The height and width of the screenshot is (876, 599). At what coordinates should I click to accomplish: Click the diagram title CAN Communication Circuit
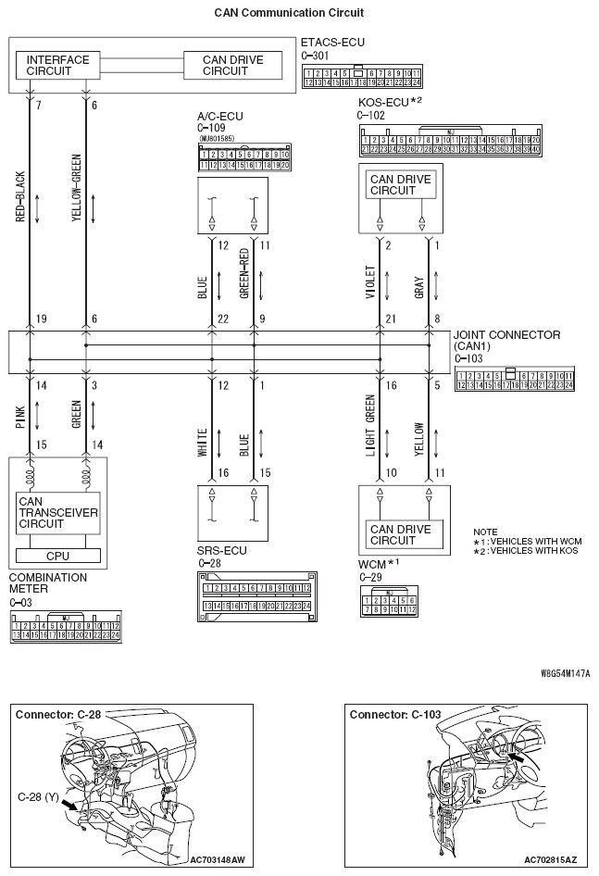point(288,13)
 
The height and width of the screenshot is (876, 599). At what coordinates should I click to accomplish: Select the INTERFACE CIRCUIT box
point(57,66)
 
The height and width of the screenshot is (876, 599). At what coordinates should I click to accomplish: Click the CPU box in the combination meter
point(57,556)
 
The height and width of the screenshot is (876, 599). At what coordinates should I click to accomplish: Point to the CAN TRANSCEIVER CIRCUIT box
point(57,512)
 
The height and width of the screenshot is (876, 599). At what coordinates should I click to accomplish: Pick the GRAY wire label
point(418,282)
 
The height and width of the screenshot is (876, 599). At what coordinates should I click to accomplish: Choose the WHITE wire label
point(203,440)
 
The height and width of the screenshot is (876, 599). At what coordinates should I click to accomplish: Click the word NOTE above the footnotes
point(485,532)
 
